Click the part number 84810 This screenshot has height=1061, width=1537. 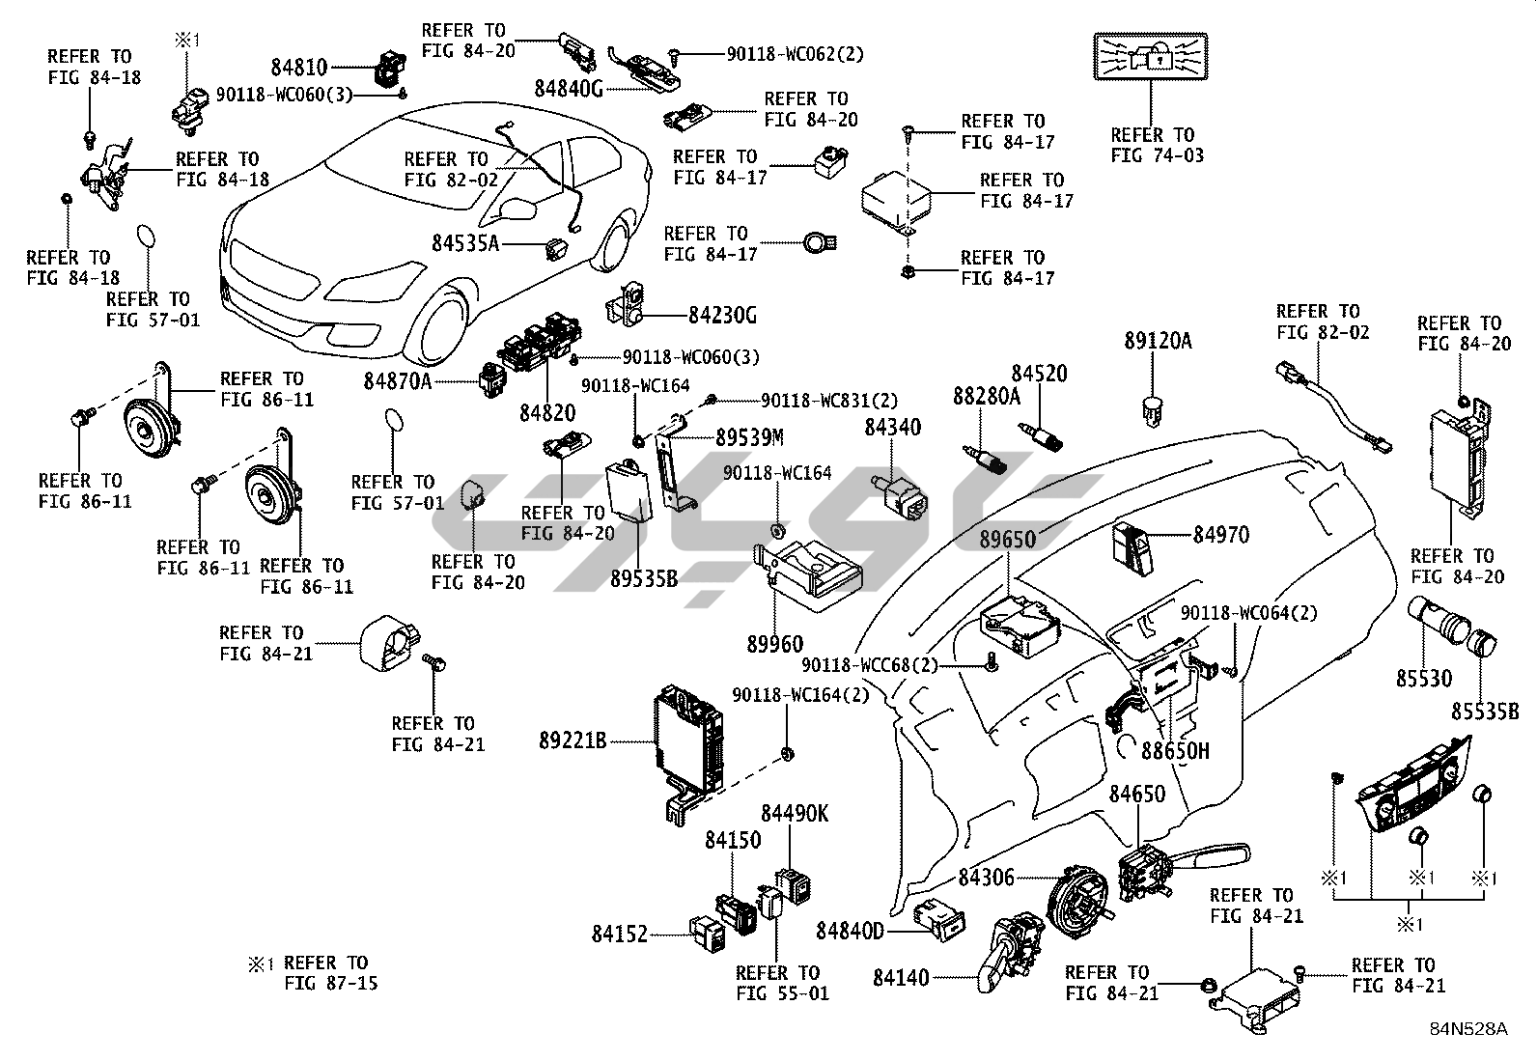(x=299, y=68)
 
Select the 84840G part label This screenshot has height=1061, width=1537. (x=569, y=89)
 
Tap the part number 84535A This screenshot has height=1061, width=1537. (x=465, y=243)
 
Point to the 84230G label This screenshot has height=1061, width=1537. (x=722, y=315)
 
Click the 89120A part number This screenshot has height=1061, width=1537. (x=1158, y=341)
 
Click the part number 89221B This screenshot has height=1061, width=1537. (x=573, y=741)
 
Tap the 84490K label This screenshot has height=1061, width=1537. (x=794, y=814)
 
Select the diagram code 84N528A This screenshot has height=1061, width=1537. (x=1468, y=1029)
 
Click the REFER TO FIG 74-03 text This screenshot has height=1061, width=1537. (x=1158, y=146)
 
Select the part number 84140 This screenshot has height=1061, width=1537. (x=901, y=978)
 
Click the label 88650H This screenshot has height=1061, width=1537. (x=1175, y=750)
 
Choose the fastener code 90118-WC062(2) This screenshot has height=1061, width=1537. (x=795, y=55)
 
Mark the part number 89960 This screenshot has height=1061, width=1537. (x=774, y=644)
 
